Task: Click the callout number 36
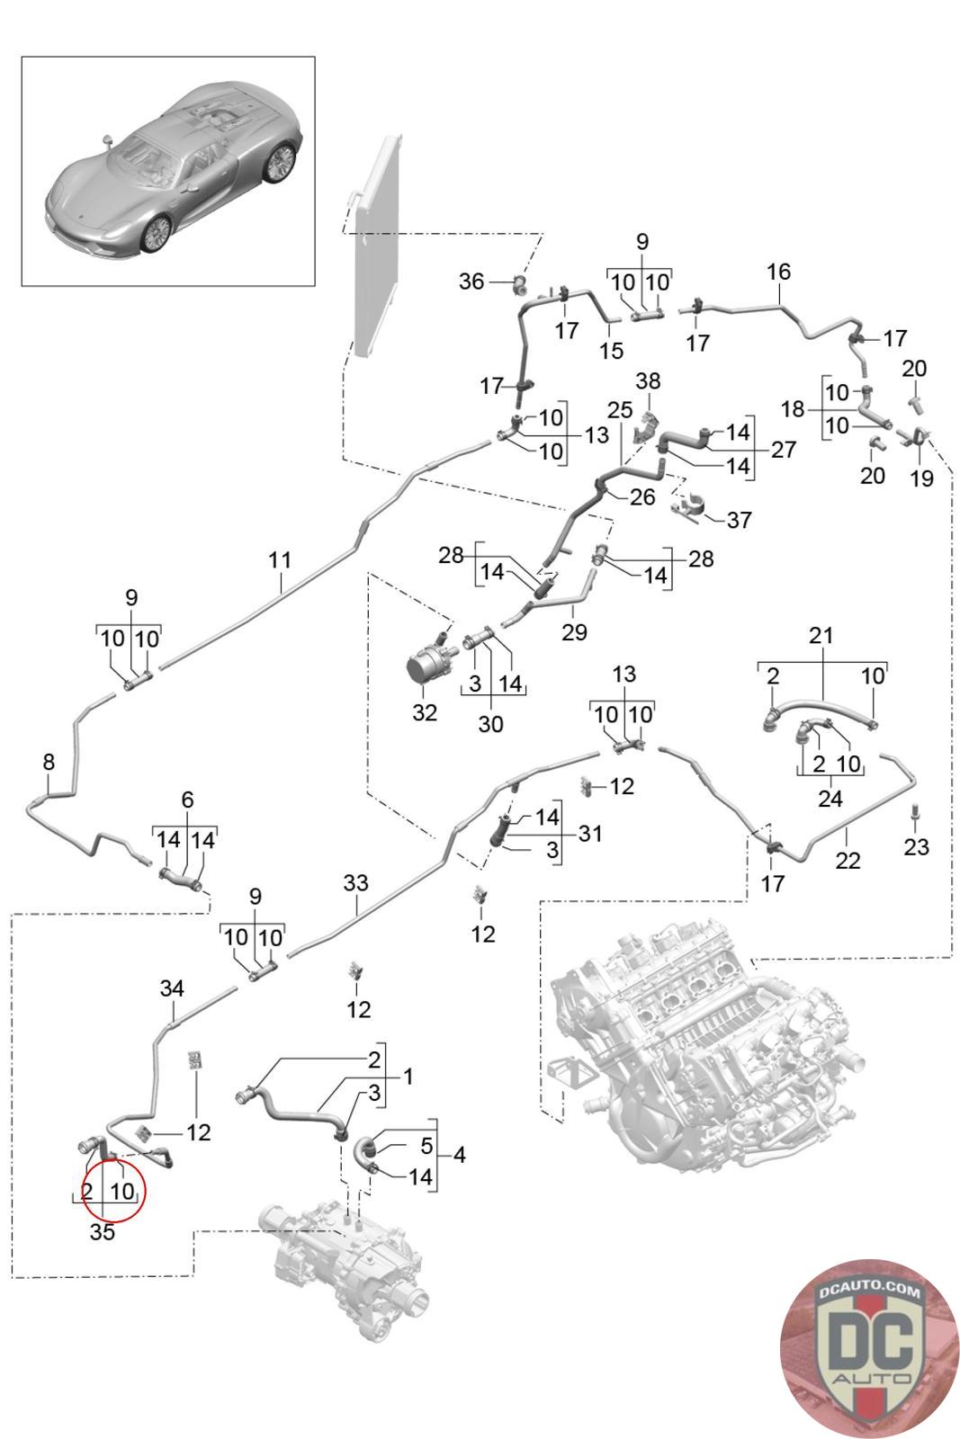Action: coord(471,282)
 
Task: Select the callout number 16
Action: coord(778,271)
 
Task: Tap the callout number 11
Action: coord(280,559)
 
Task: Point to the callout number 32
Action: coord(424,711)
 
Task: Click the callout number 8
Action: coord(49,762)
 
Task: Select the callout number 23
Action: coord(916,846)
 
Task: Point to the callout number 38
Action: coord(648,381)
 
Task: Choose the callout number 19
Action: coord(921,478)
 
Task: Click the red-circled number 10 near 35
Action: coord(122,1191)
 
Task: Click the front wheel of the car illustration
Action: coord(157,234)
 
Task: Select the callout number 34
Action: coord(172,988)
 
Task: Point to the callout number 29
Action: coord(574,631)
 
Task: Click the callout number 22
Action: coord(847,860)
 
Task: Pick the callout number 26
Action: coord(641,496)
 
